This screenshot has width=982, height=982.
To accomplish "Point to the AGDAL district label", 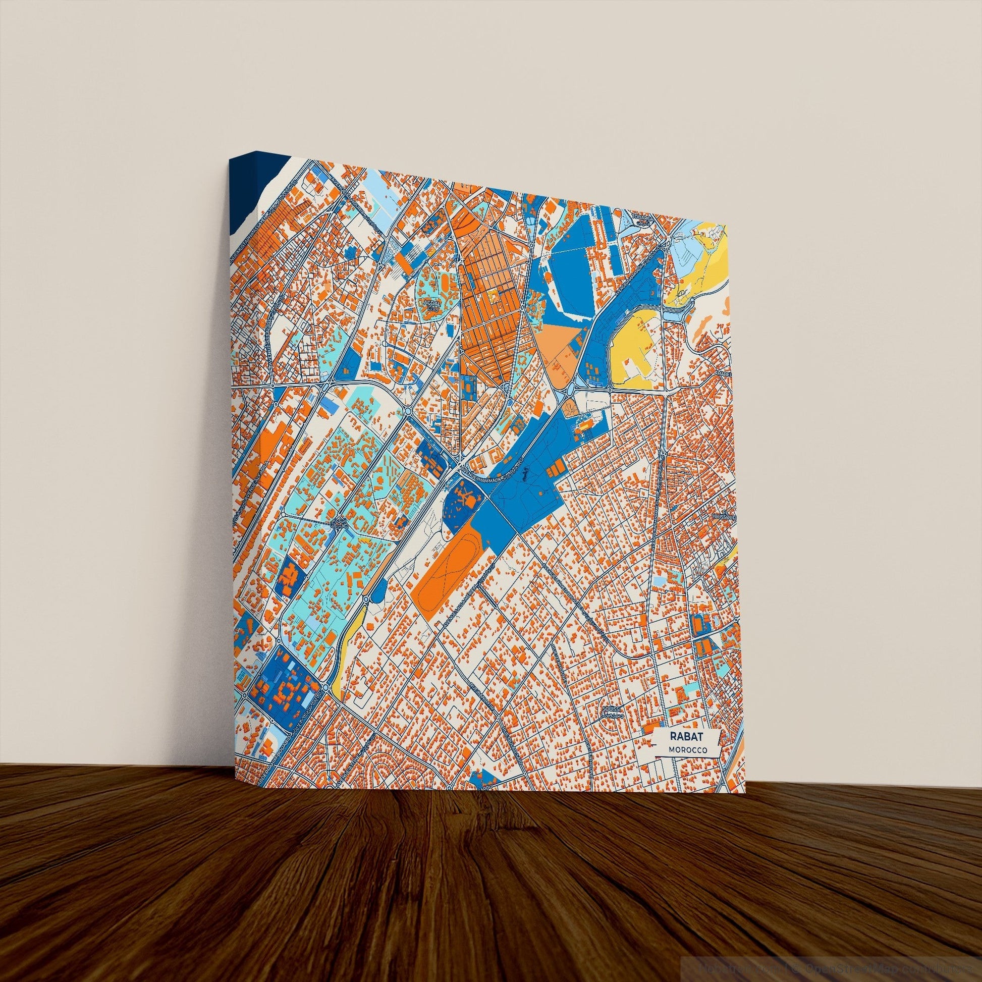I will tap(432, 304).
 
